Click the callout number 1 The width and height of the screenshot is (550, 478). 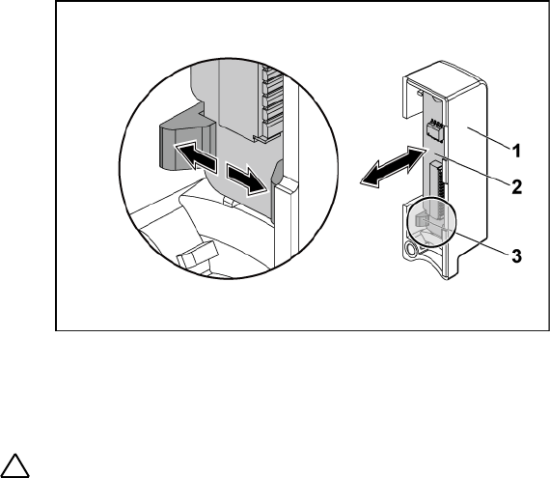click(516, 152)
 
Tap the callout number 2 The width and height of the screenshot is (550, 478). click(516, 187)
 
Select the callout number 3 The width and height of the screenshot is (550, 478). click(516, 256)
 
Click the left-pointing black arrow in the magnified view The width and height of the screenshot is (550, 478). click(195, 155)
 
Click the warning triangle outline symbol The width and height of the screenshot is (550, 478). click(14, 465)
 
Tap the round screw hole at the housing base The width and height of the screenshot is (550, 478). click(410, 249)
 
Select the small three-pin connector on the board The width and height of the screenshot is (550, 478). click(434, 129)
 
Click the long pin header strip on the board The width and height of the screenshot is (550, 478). click(438, 187)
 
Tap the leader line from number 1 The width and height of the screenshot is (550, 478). click(488, 139)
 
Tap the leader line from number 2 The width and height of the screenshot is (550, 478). click(471, 167)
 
